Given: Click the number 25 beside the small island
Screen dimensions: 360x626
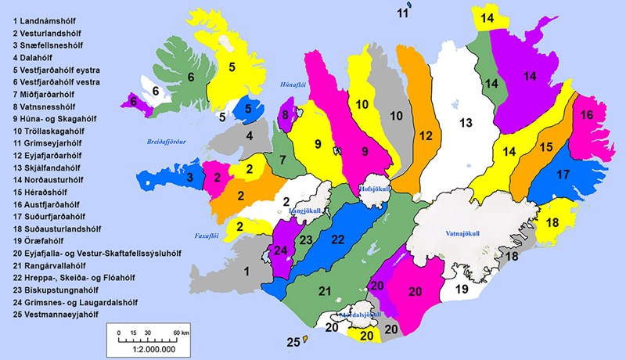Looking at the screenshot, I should pos(293,342).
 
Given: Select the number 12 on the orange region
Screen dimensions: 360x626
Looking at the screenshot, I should pos(424,135).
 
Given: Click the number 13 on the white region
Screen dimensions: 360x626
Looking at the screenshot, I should pos(466,122).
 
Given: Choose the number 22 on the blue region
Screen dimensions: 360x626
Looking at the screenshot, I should pos(338,238).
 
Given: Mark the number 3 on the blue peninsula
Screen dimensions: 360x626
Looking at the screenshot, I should pos(189,178).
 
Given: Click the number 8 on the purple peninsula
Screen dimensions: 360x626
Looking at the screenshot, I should pos(285,117).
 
